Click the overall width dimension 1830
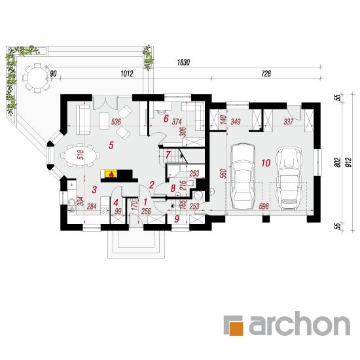(x=183, y=62)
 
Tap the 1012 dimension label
(x=127, y=73)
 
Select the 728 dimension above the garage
(x=266, y=73)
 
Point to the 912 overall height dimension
(x=350, y=162)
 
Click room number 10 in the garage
(x=266, y=163)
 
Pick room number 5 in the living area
(x=111, y=145)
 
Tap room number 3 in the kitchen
(x=94, y=190)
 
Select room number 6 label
(x=166, y=118)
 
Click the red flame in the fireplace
(x=111, y=174)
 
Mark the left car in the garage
(x=243, y=176)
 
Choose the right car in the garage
(x=289, y=179)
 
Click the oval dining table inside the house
(x=80, y=156)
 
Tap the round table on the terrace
(x=37, y=78)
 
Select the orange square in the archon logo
(x=236, y=329)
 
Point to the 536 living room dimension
(x=116, y=122)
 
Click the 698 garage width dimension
(x=264, y=206)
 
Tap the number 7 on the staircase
(x=168, y=154)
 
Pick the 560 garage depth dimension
(x=223, y=173)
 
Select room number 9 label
(x=177, y=219)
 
